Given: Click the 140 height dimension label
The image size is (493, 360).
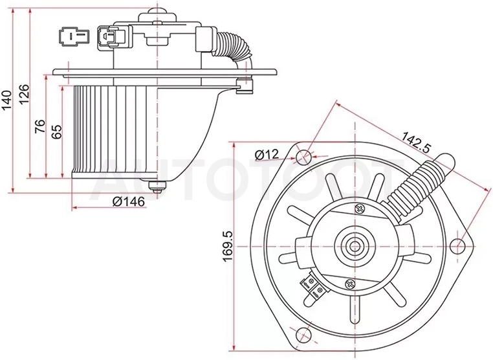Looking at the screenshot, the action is coord(6,100).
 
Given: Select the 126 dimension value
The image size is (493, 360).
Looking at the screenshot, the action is coord(24,93).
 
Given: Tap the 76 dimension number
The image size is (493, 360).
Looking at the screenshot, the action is coord(40,126).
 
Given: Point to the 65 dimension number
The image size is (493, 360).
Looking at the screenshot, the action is coord(56,131).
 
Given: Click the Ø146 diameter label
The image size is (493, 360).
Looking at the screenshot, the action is coord(129,201).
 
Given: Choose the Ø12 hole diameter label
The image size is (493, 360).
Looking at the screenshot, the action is coord(267,154).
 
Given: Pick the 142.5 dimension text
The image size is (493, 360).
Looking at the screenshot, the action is coord(416,142).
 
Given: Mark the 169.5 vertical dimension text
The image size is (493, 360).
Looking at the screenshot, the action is coord(227,246).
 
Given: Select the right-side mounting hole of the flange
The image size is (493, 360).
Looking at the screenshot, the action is coord(458,246).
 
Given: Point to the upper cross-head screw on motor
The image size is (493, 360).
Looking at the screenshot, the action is coord(359,208).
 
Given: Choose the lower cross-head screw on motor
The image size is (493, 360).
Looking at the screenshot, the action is coord(350,284).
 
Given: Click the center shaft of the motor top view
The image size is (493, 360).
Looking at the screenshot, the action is coord(355,246).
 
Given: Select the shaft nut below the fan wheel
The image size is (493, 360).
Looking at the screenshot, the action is coord(157,188).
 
